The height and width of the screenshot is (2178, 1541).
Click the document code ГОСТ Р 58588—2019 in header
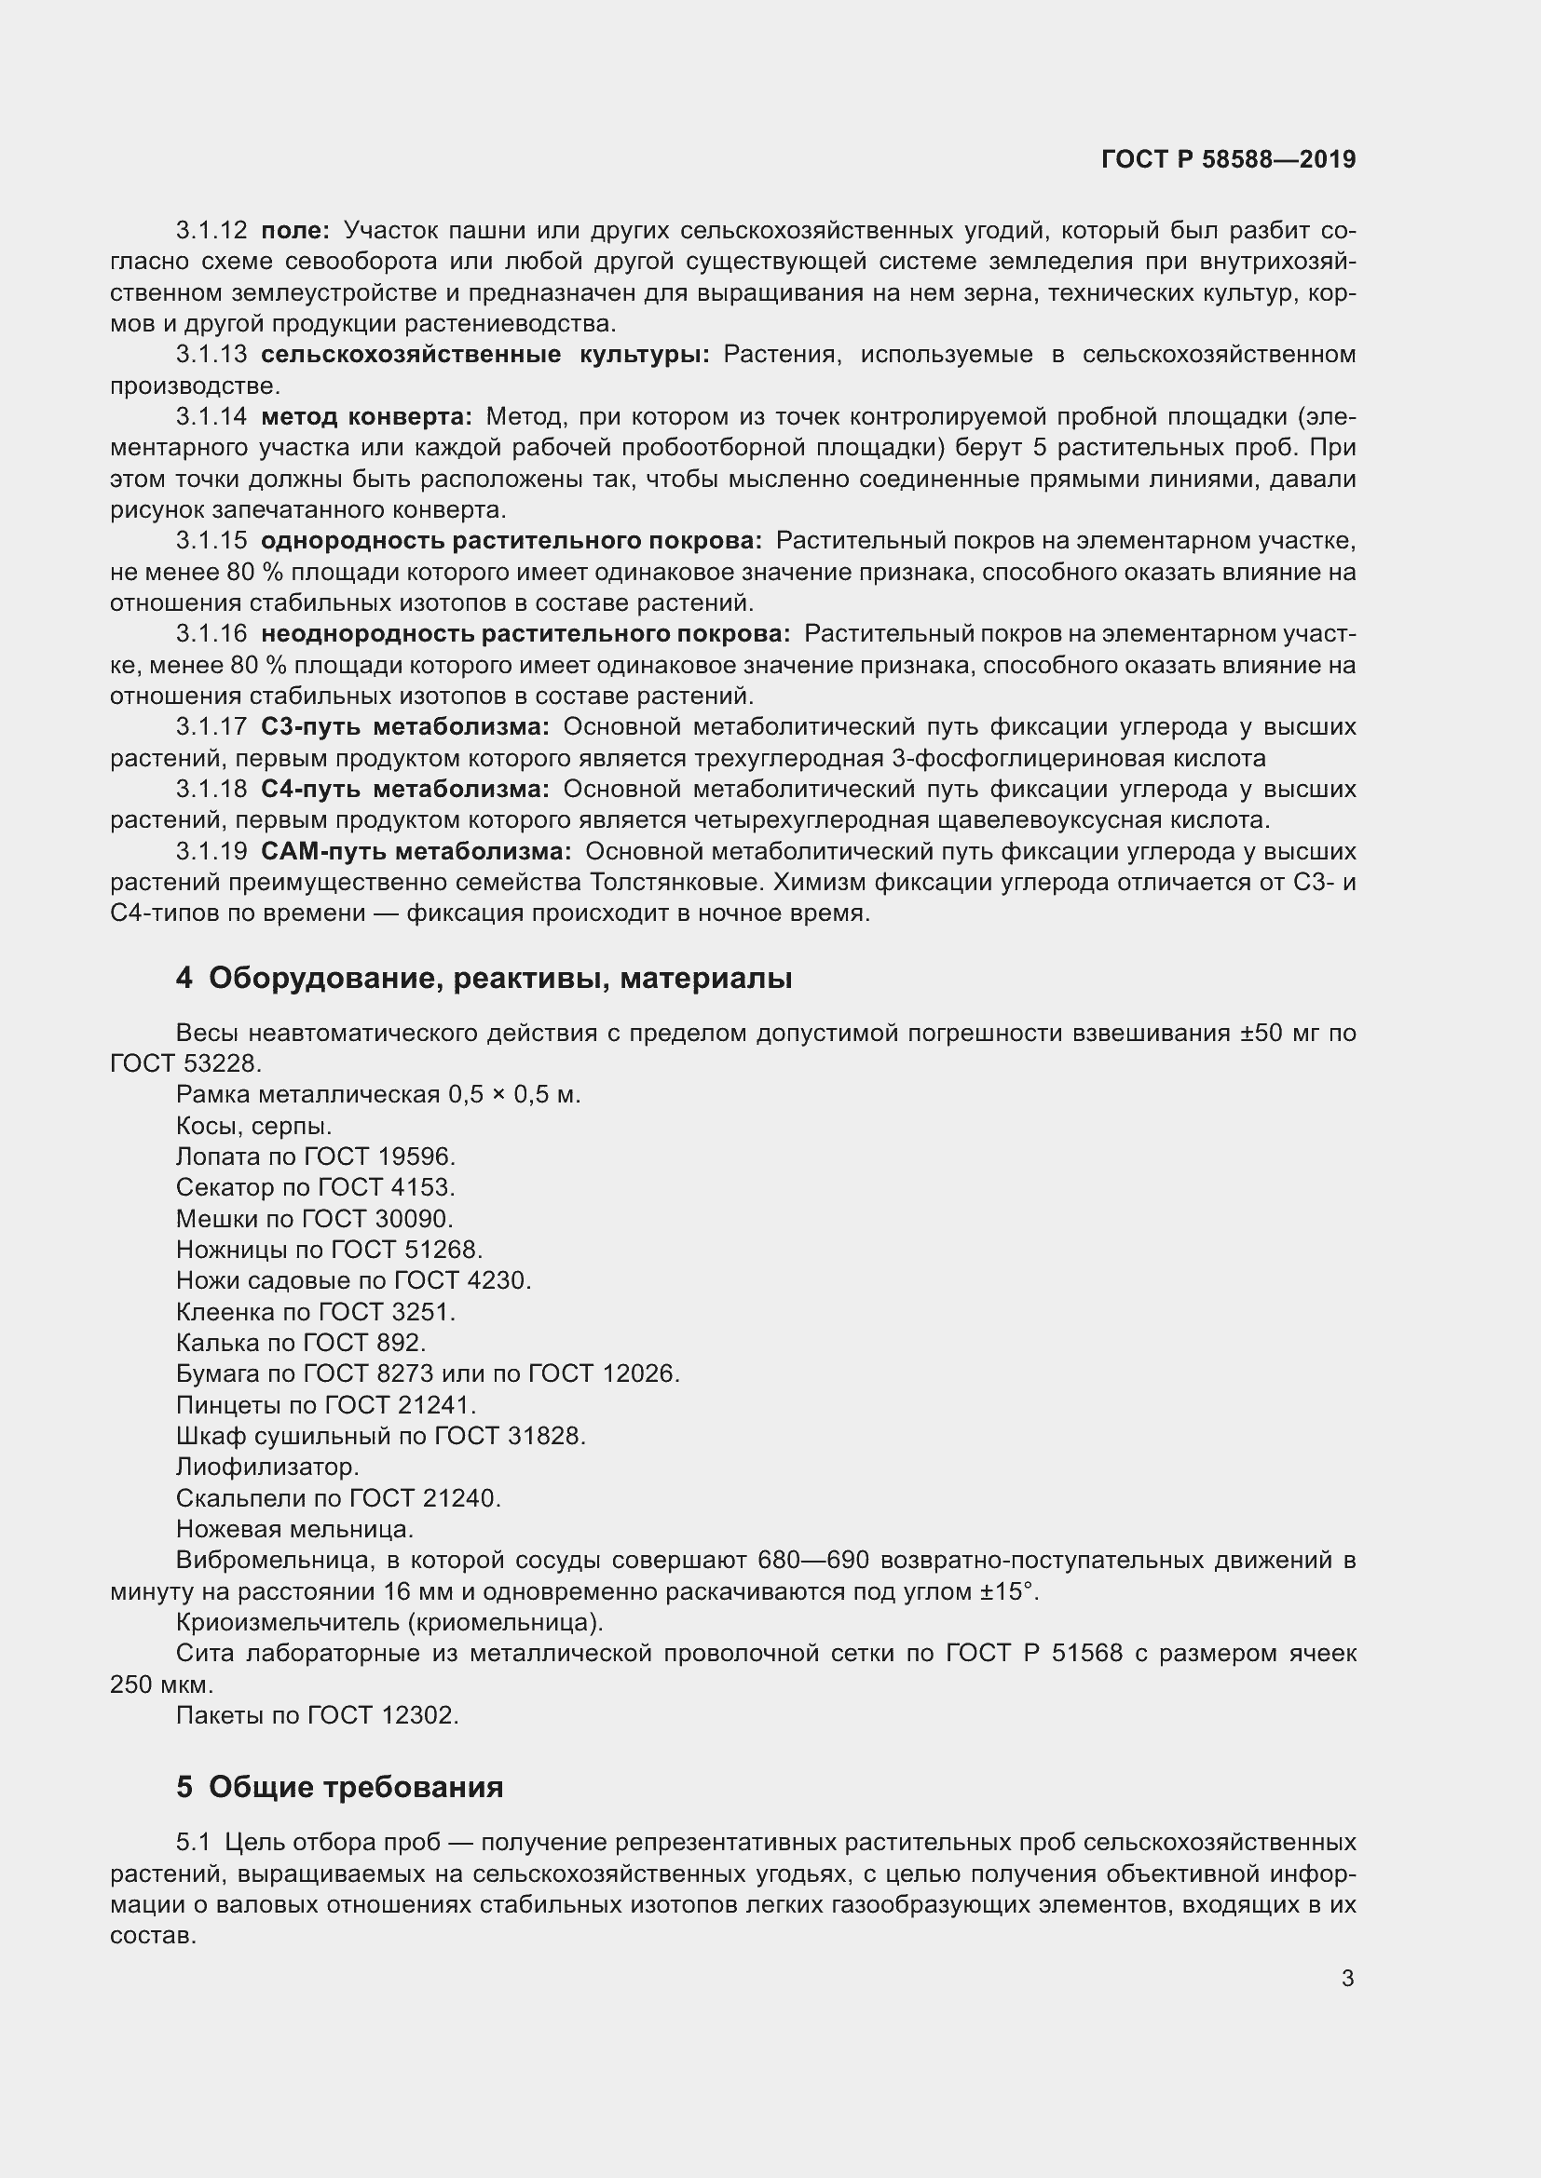click(1228, 159)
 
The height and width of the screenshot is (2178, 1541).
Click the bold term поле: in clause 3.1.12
click(295, 231)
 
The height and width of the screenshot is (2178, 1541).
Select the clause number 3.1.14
click(211, 416)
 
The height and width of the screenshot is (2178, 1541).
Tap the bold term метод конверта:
click(365, 416)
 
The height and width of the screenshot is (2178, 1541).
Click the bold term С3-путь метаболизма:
click(404, 726)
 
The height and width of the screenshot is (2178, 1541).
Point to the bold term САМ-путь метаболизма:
click(416, 851)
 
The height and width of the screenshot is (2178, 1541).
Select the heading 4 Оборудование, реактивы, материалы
click(483, 977)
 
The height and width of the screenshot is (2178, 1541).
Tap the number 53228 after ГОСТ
click(221, 1063)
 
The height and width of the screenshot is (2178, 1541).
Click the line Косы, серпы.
click(253, 1126)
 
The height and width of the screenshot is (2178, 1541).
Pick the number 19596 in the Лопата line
click(416, 1157)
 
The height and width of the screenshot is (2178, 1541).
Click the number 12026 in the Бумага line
click(640, 1373)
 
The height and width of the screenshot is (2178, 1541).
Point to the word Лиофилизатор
click(266, 1467)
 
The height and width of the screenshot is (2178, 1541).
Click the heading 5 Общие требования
click(339, 1787)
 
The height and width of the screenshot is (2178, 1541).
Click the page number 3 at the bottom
click(1347, 1978)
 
